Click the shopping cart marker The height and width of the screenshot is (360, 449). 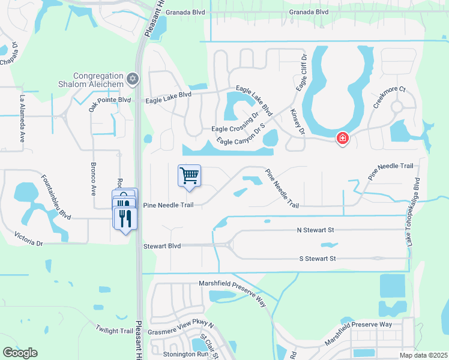pyautogui.click(x=189, y=176)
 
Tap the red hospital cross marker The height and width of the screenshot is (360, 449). pyautogui.click(x=342, y=139)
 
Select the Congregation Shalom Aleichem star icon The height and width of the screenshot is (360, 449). pyautogui.click(x=133, y=79)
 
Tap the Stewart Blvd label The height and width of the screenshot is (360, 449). pyautogui.click(x=162, y=246)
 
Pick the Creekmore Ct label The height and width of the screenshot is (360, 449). pyautogui.click(x=390, y=97)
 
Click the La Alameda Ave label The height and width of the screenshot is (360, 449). pyautogui.click(x=23, y=114)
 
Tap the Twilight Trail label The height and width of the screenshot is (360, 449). pyautogui.click(x=114, y=331)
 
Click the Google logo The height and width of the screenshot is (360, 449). pyautogui.click(x=20, y=352)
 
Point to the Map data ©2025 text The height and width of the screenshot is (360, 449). pyautogui.click(x=424, y=355)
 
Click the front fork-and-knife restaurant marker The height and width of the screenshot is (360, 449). pyautogui.click(x=125, y=218)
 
